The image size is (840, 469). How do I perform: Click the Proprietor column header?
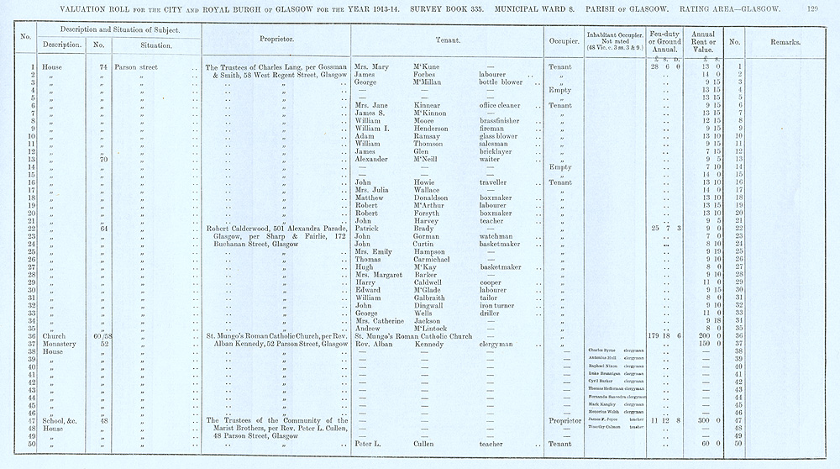coord(276,40)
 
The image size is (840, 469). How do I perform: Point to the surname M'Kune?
coord(427,67)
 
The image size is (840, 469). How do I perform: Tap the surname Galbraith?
coord(432,297)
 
